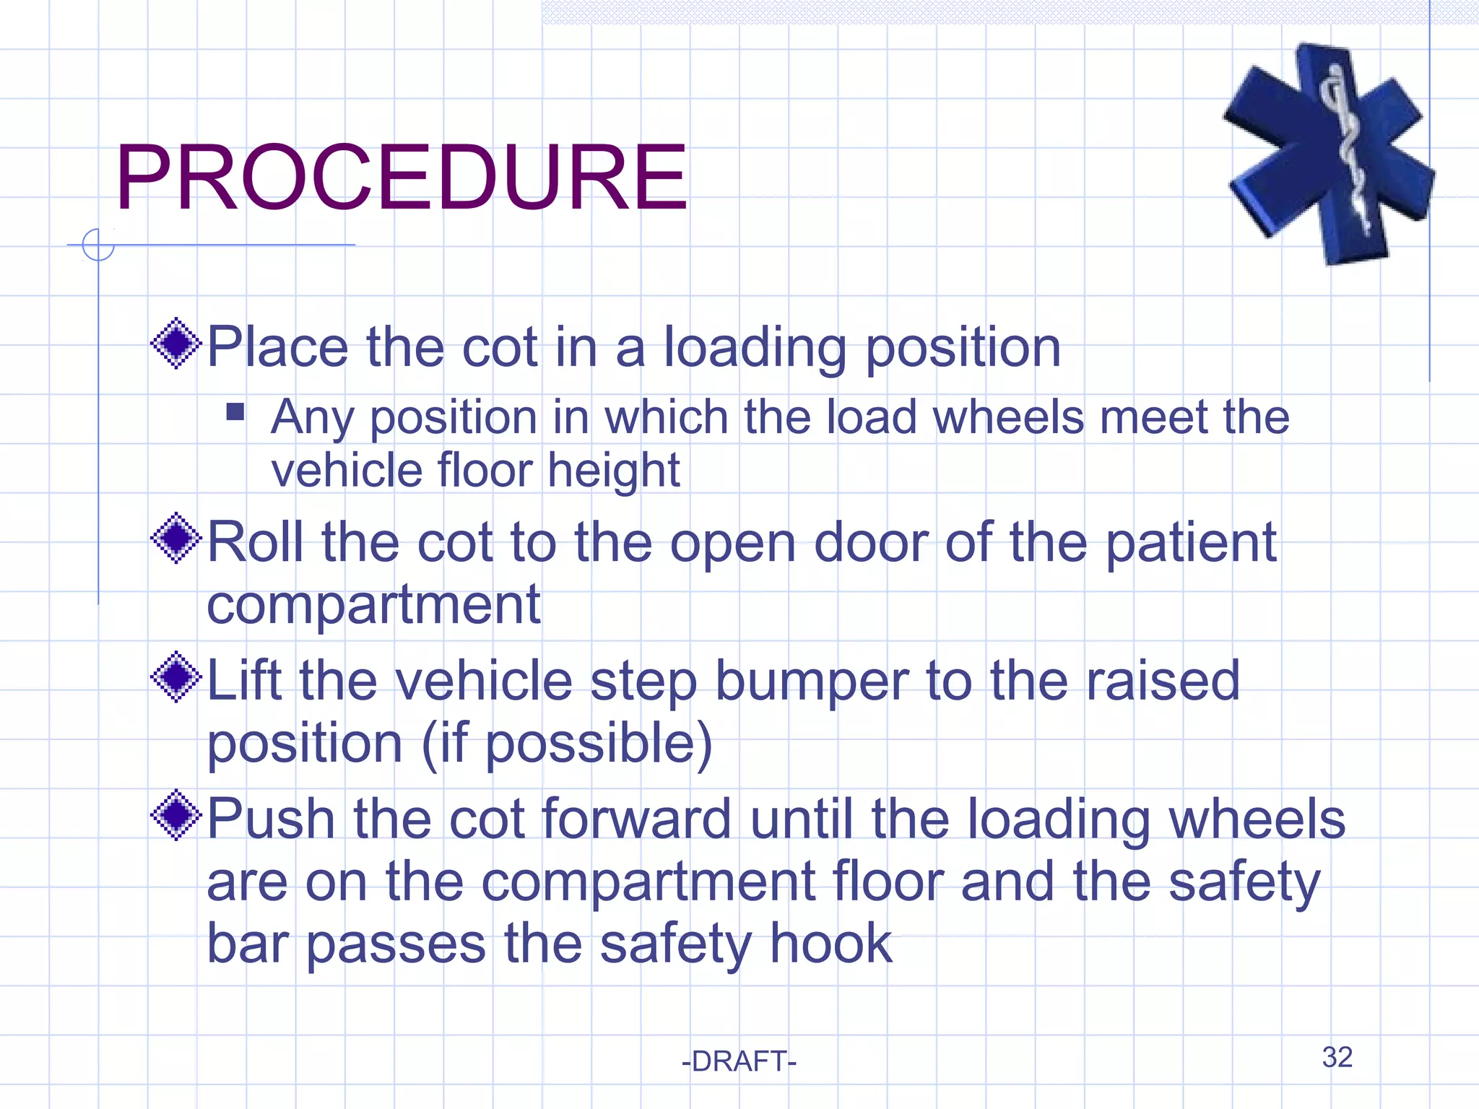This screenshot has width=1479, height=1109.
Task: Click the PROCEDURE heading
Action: coord(402,178)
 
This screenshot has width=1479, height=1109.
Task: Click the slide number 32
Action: coord(1337,1057)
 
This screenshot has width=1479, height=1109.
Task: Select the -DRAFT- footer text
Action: coord(739,1061)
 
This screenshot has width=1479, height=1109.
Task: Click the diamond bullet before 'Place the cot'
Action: coord(176,344)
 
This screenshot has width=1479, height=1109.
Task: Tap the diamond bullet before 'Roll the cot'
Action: coord(176,539)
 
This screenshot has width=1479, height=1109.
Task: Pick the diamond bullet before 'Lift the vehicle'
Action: coord(176,677)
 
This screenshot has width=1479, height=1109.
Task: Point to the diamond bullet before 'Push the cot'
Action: coord(176,816)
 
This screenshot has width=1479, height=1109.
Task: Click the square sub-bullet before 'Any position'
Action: coord(235,412)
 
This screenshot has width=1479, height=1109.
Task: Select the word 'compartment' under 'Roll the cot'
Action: coord(373,605)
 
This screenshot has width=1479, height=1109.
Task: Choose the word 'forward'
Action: coord(636,819)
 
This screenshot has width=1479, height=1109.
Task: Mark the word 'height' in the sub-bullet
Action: coord(613,471)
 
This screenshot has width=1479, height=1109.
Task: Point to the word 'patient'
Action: coord(1191,543)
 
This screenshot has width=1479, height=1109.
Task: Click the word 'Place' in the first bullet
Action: coord(278,348)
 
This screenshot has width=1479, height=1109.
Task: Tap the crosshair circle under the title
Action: coord(98,245)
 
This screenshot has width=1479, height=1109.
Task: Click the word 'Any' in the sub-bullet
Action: coord(313,419)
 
